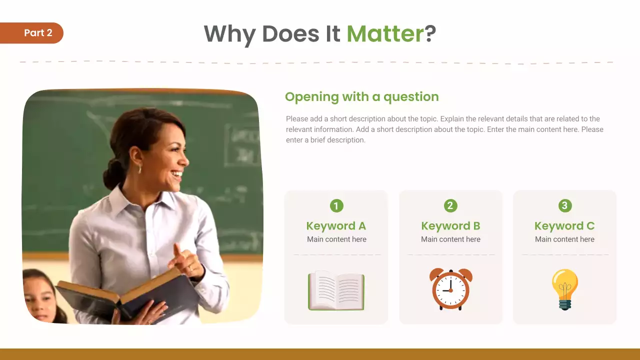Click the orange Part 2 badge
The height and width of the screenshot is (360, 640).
tap(35, 33)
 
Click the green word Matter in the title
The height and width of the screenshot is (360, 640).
tap(385, 33)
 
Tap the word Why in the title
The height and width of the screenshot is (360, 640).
tap(230, 34)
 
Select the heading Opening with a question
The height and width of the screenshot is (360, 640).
tap(361, 96)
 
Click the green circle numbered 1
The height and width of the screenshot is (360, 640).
tap(336, 205)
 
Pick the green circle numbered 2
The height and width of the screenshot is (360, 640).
tap(450, 205)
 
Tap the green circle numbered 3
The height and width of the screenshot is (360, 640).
tap(564, 205)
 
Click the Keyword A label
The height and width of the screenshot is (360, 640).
tap(336, 226)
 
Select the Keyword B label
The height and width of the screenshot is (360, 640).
tap(450, 226)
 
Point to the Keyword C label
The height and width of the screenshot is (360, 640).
tap(564, 226)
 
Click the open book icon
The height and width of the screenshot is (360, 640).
tap(336, 290)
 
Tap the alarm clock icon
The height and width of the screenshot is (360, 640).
tap(450, 289)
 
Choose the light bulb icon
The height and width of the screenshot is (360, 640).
tap(564, 289)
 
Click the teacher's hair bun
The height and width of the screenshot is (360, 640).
tap(113, 173)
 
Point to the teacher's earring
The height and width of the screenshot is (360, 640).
tap(139, 169)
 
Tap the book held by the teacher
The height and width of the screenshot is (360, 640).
tap(125, 295)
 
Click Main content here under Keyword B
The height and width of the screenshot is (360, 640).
tap(450, 239)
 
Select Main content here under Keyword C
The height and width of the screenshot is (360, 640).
tap(564, 239)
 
